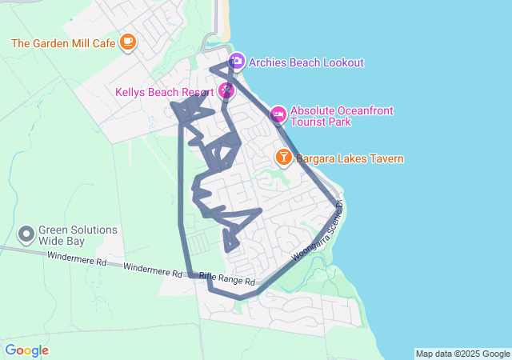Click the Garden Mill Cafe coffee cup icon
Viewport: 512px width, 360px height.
(127, 42)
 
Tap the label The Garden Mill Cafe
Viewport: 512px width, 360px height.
(64, 43)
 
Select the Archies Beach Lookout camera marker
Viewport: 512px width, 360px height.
(237, 62)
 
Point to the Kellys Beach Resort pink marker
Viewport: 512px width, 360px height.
(227, 91)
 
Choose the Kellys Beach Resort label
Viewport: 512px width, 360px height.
(166, 93)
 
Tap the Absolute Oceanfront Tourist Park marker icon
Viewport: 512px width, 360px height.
(278, 115)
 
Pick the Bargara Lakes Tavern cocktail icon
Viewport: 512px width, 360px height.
(283, 158)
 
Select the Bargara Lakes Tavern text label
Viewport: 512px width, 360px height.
(350, 158)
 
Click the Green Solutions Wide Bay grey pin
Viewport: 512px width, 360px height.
(26, 235)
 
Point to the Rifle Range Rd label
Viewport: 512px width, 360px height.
(227, 278)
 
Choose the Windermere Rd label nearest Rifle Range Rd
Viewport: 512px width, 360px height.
(154, 268)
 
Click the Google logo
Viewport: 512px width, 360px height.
(26, 350)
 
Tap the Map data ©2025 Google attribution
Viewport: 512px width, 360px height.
(462, 354)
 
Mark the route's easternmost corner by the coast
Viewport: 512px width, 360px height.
(337, 207)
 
